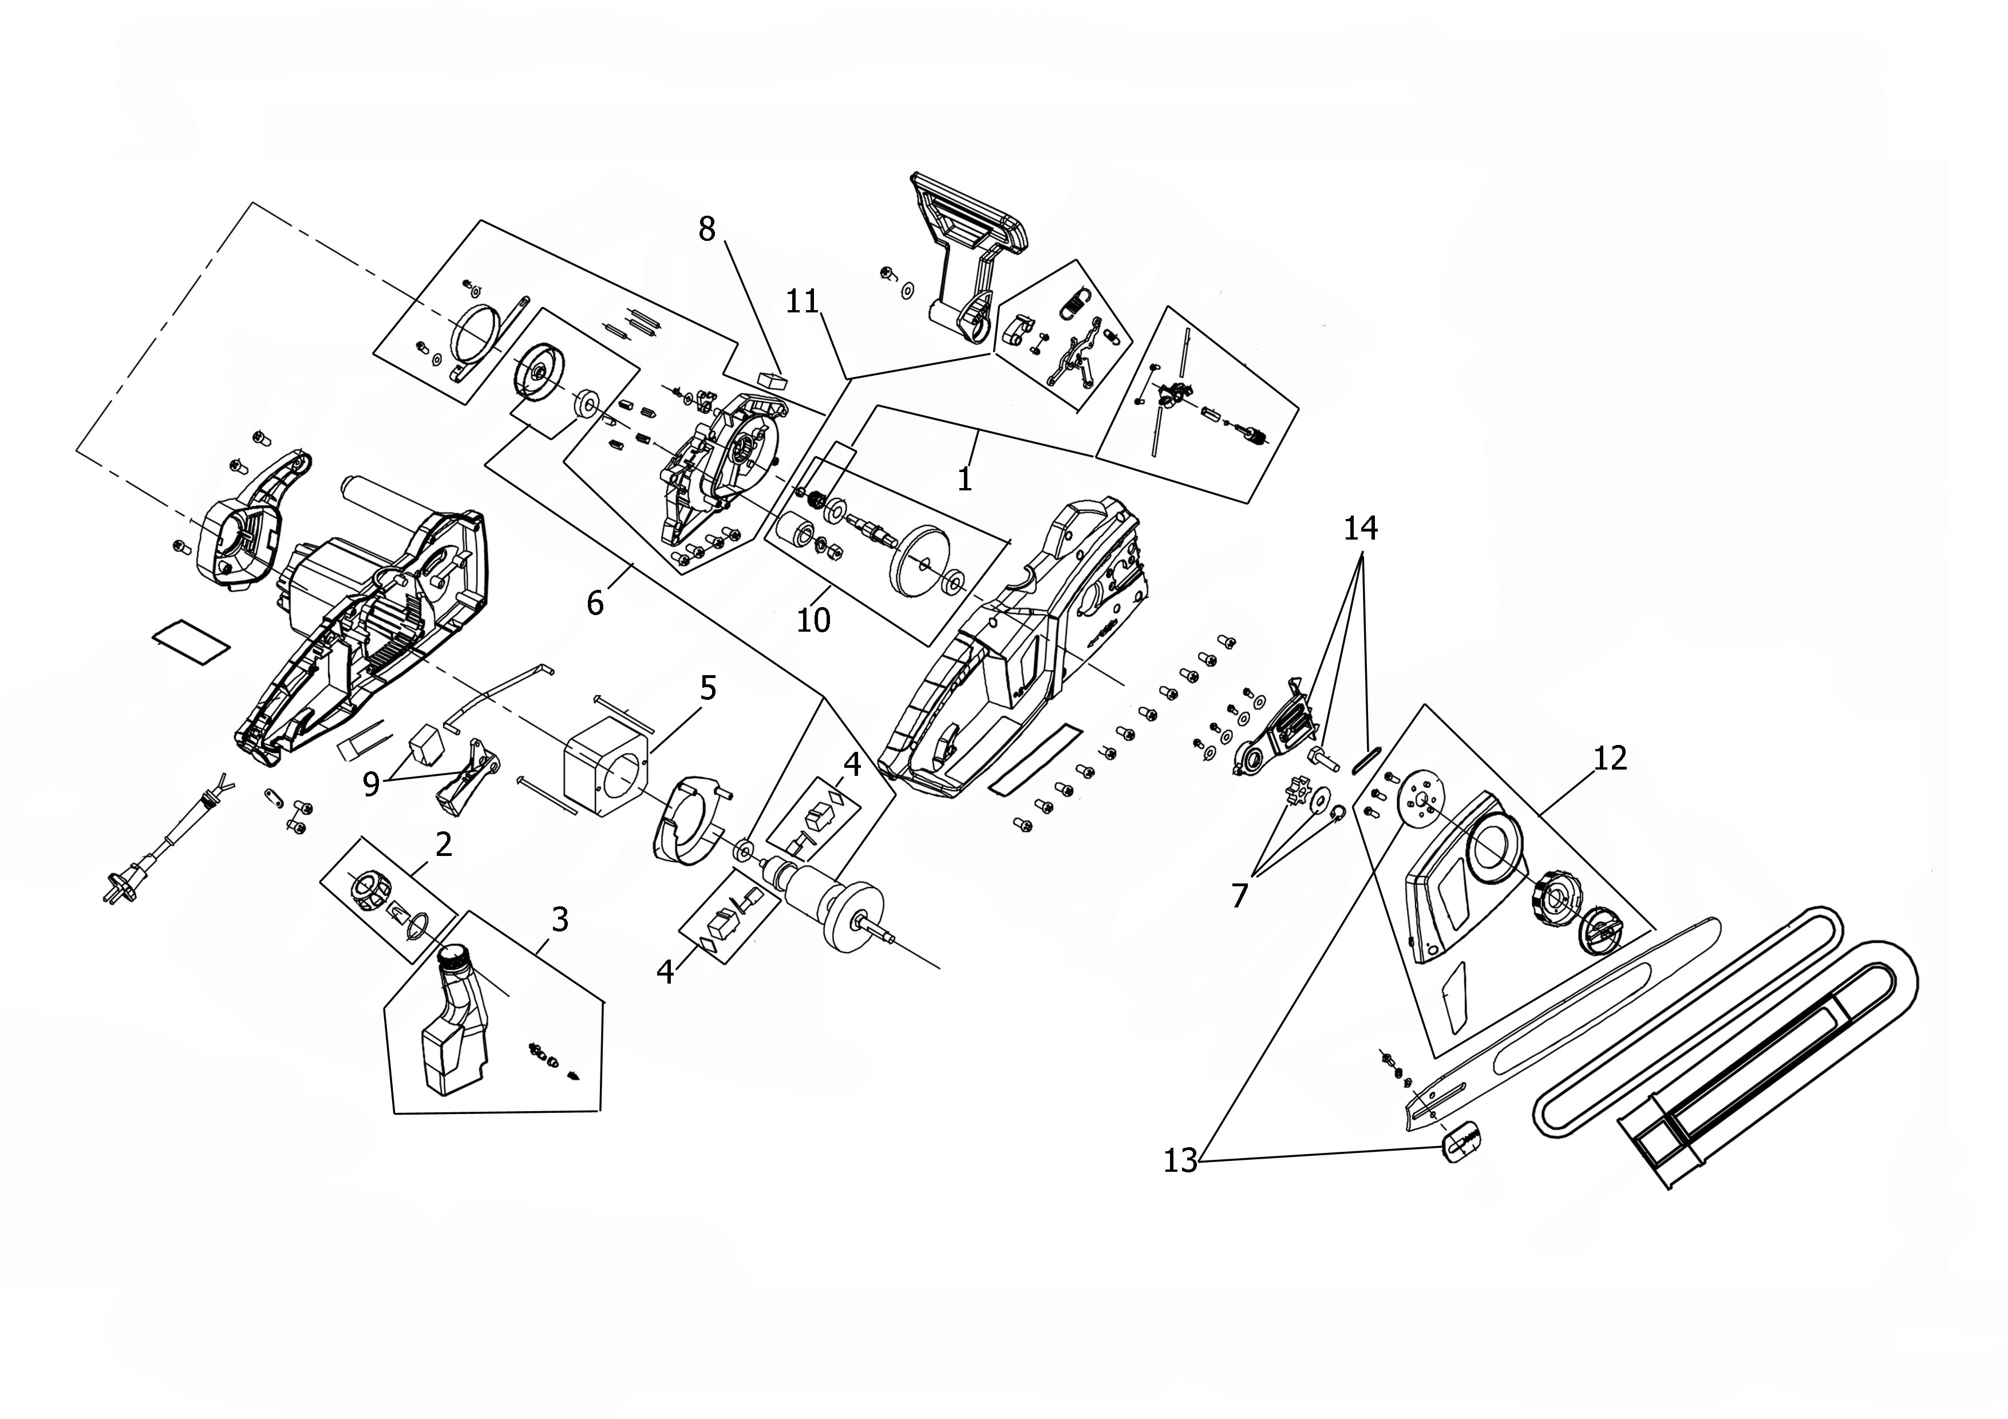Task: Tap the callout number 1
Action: [x=965, y=479]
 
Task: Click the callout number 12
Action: [x=1610, y=758]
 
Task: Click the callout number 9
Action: [x=371, y=784]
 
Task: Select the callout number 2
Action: [x=444, y=845]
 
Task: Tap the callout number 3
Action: [x=560, y=919]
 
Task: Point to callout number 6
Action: [x=595, y=603]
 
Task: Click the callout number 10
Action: [x=813, y=620]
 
